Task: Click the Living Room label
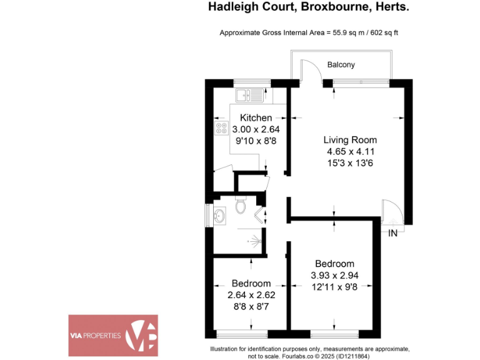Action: pyautogui.click(x=349, y=139)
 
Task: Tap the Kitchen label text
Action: pyautogui.click(x=256, y=117)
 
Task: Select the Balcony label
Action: pyautogui.click(x=341, y=64)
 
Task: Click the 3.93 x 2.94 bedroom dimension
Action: pyautogui.click(x=334, y=275)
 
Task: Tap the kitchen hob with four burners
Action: pyautogui.click(x=221, y=129)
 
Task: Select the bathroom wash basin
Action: pyautogui.click(x=219, y=216)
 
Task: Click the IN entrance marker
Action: pyautogui.click(x=392, y=234)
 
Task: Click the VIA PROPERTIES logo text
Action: pyautogui.click(x=95, y=336)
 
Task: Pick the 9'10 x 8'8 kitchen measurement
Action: pyautogui.click(x=256, y=141)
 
